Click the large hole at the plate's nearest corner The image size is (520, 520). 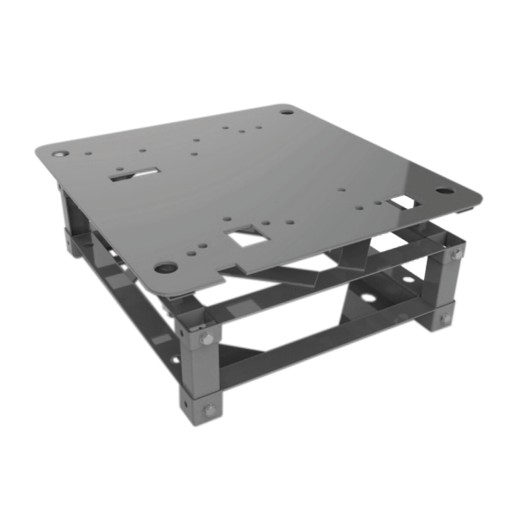[166, 267]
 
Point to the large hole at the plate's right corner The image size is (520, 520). [444, 191]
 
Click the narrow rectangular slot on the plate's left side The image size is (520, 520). [135, 175]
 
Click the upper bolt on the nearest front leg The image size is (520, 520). [206, 340]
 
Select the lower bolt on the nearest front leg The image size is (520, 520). [208, 410]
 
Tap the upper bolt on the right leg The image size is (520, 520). [456, 254]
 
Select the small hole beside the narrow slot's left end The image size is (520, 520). [119, 169]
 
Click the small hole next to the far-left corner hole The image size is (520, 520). [88, 152]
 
